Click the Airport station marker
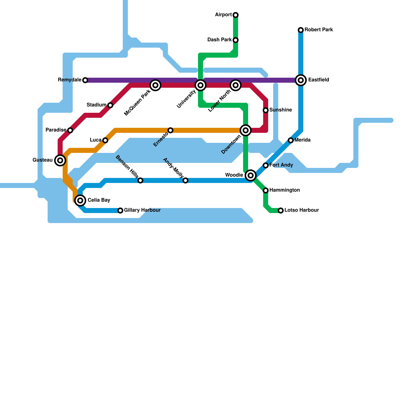236,15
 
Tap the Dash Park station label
220,40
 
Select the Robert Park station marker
301,30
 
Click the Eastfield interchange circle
301,80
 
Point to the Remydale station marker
85,80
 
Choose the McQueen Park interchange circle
155,85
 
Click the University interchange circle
200,85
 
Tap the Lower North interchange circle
236,85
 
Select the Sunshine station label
280,110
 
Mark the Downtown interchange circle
246,130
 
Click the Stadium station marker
110,105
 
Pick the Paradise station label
56,130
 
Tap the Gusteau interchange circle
60,160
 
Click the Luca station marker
105,140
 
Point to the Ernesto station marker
170,130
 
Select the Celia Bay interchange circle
80,200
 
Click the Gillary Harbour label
142,210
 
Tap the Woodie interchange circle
251,175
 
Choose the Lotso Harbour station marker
281,211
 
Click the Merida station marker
291,140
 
